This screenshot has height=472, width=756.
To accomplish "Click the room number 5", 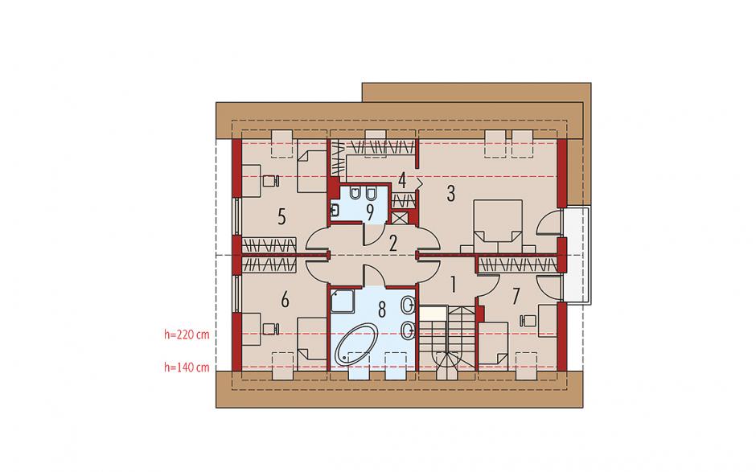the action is (x=282, y=217).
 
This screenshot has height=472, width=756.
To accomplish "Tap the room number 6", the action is (x=285, y=299).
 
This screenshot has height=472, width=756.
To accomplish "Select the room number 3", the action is (x=451, y=193).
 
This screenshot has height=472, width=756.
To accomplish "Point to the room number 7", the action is (x=516, y=297).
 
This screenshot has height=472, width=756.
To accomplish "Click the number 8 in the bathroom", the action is (x=382, y=310).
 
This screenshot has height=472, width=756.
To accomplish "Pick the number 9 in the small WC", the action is (x=370, y=211).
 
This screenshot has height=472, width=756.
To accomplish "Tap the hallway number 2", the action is (x=393, y=244).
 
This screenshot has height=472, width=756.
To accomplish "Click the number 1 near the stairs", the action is (x=453, y=285).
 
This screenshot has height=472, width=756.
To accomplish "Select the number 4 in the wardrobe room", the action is (x=402, y=181).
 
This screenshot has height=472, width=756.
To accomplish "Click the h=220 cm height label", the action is (x=187, y=335).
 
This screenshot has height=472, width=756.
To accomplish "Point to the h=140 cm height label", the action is (x=187, y=367).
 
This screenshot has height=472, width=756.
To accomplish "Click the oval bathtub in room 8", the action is (x=356, y=344).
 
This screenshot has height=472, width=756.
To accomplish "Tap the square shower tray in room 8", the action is (x=343, y=302).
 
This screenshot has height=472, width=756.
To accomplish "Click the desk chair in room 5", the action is (x=270, y=180).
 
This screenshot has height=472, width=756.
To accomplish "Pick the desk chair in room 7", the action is (x=528, y=320).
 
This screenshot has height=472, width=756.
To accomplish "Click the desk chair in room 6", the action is (x=270, y=329).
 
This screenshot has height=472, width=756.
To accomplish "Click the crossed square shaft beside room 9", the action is (x=399, y=218).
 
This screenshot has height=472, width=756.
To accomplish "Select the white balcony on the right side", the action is (x=577, y=256).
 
